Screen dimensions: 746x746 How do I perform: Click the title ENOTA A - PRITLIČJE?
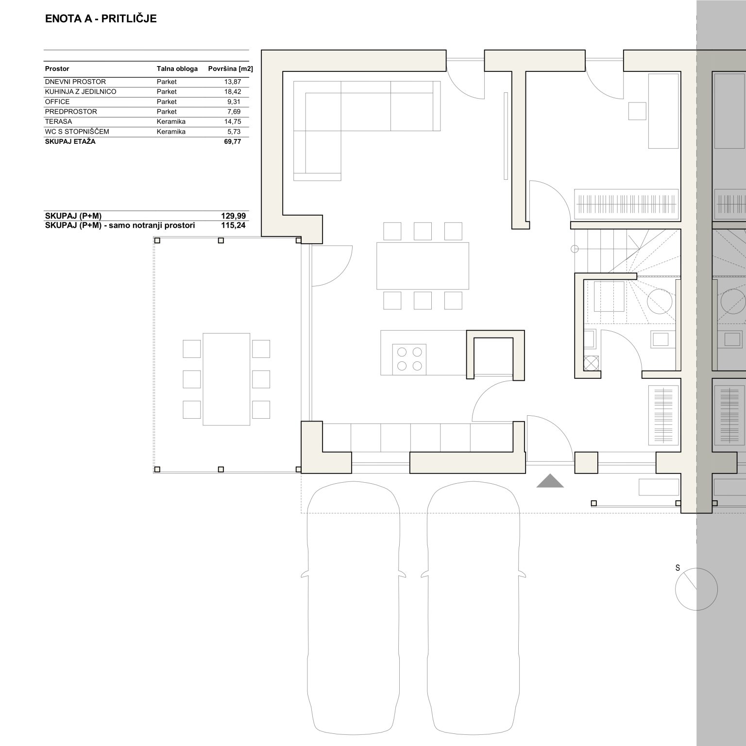pos(101,19)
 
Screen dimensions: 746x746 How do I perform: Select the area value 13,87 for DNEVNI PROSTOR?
pos(233,82)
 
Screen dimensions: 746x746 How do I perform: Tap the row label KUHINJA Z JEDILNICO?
pos(81,91)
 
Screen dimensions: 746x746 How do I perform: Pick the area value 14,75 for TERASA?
pos(233,121)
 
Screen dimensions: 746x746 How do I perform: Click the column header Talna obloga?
pos(177,68)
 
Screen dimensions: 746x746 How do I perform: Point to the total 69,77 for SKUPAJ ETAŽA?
pos(233,142)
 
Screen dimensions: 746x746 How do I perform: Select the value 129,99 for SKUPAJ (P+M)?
pos(234,216)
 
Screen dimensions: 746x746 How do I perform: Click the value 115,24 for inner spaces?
pos(234,225)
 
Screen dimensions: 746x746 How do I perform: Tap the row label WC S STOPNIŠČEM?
pos(77,132)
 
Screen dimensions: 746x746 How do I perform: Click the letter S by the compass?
pos(678,568)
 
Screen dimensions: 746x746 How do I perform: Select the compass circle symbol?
pos(696,589)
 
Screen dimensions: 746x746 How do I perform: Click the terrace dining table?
pos(226,379)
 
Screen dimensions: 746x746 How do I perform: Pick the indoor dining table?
pos(423,266)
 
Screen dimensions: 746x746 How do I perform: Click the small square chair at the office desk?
pos(637,111)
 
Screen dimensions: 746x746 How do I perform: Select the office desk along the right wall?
pos(663,111)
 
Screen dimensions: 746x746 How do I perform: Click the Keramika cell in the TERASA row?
pos(171,121)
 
